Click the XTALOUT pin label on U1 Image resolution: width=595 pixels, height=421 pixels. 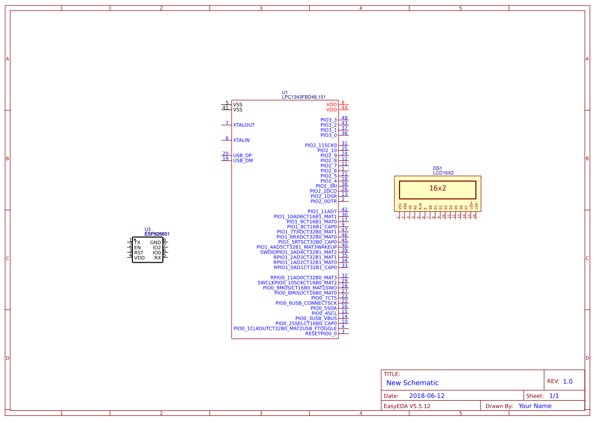[244, 125]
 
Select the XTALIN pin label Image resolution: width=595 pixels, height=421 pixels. [241, 141]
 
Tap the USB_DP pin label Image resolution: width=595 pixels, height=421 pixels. [242, 156]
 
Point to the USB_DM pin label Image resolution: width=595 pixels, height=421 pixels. [243, 161]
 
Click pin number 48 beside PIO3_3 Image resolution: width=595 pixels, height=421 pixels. [345, 118]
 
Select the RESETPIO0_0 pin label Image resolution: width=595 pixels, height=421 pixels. [321, 334]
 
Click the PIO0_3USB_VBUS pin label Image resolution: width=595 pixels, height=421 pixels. [316, 319]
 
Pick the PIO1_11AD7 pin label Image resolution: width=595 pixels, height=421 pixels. [322, 212]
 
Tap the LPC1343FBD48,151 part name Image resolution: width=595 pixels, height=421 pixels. [304, 97]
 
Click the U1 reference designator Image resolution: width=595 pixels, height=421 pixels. [285, 92]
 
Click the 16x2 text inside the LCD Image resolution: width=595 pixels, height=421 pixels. [437, 188]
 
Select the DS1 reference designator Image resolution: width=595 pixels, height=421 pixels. [437, 168]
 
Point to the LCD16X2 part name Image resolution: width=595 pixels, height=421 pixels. [443, 173]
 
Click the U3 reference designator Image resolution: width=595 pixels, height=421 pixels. [148, 230]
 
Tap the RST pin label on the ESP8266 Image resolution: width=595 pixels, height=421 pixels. [138, 253]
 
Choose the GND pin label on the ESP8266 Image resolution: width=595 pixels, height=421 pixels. [155, 243]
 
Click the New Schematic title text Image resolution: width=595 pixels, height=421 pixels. [412, 383]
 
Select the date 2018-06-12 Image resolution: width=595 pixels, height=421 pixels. [427, 396]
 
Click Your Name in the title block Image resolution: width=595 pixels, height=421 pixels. [534, 406]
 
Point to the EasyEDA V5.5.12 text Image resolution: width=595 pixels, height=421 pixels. [407, 406]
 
